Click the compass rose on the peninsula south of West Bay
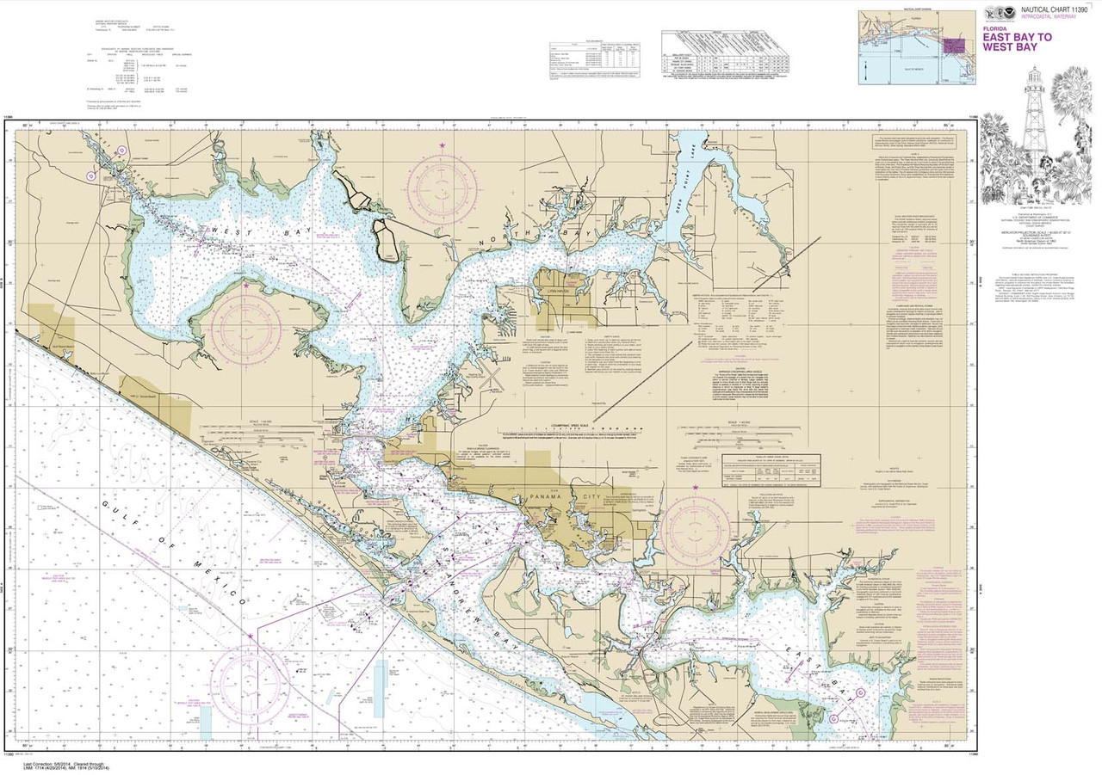click(x=248, y=324)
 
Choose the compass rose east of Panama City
click(x=696, y=526)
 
